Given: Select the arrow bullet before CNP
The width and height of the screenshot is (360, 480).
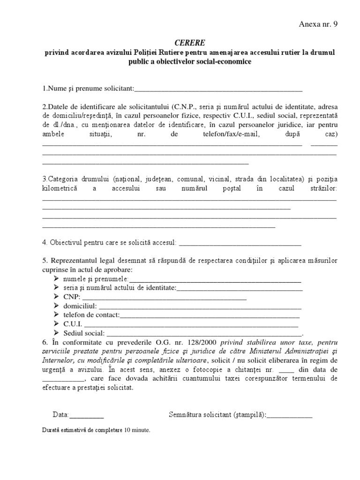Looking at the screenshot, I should pos(57,297).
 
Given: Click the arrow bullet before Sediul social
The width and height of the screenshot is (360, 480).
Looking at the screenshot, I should pos(57,333).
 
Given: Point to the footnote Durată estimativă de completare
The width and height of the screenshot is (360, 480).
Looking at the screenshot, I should pos(97,429).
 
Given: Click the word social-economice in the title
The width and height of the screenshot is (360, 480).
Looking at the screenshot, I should pos(227,61).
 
